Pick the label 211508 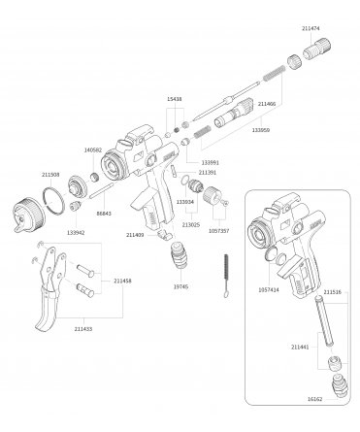tap(50, 175)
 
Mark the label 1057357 tap(219, 231)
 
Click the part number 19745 tap(180, 287)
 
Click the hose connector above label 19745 tap(179, 258)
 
